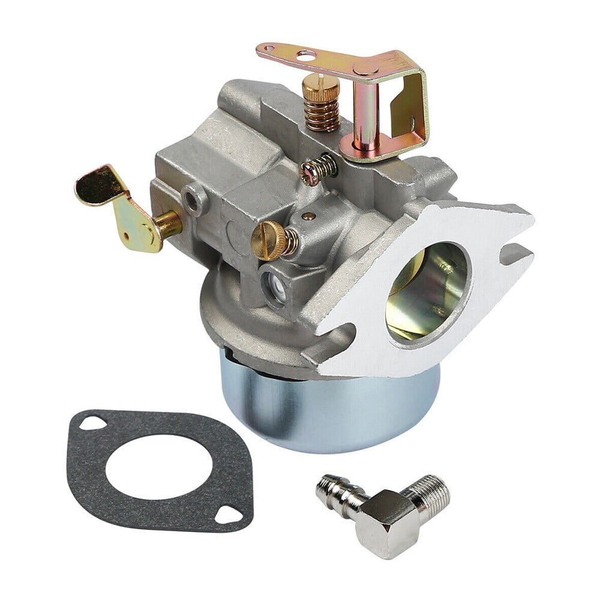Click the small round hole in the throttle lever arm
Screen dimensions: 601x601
pyautogui.click(x=306, y=56)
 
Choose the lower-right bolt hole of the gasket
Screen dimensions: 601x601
pyautogui.click(x=228, y=512)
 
